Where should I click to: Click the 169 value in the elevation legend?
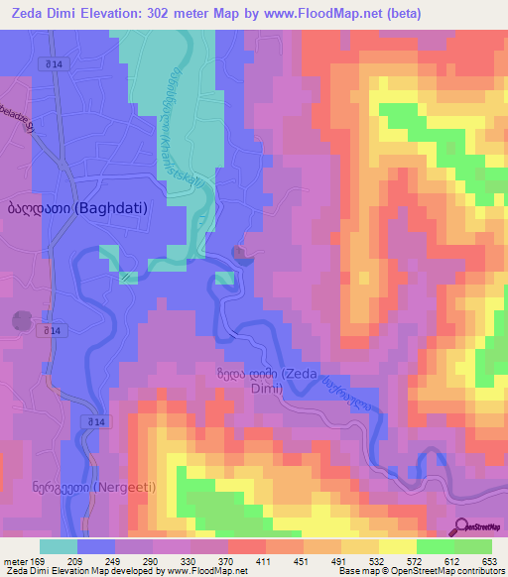[x=40, y=561]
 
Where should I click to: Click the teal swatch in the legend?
[x=58, y=546]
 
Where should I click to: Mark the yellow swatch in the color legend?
[x=396, y=546]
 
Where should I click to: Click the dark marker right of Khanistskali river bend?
[x=242, y=255]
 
